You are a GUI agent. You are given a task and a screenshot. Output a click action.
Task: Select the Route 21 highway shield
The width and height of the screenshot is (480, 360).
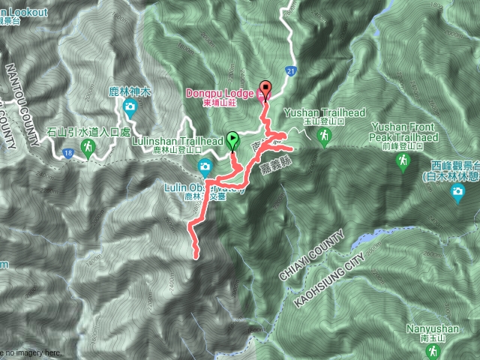coord(289,70)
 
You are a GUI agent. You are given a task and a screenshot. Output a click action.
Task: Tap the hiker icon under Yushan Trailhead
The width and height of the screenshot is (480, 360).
coord(324,136)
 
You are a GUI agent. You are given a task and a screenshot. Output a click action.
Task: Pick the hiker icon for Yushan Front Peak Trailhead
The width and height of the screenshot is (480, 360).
coord(403,160)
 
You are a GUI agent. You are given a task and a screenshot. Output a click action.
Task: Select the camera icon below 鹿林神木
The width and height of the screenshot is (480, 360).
coord(130,107)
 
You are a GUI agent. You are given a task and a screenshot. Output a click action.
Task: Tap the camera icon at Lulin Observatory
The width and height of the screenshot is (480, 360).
coord(203,166)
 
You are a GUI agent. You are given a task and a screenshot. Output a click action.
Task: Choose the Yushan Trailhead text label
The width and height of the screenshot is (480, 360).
coord(325,112)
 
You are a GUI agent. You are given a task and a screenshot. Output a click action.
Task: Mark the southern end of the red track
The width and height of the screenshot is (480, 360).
coord(197,256)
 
